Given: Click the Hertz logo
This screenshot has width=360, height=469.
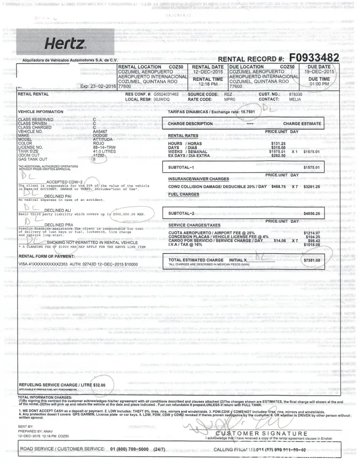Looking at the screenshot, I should point(65,45).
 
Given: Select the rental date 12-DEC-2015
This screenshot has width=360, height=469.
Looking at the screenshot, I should point(208,72).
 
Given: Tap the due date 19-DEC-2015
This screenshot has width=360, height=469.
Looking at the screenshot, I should point(319,72).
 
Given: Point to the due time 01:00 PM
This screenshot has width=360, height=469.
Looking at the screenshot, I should point(319,84).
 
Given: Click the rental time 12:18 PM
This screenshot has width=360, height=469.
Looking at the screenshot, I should point(208,84).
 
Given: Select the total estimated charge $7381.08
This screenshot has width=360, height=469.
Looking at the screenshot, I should point(311,260).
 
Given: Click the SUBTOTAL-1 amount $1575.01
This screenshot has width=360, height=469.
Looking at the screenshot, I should point(311,167).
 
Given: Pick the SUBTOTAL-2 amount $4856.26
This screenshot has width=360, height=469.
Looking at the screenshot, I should point(311,213).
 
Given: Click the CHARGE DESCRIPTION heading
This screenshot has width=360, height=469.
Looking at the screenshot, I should point(190,124).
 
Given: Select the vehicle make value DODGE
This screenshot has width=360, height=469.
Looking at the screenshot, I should point(101,136).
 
